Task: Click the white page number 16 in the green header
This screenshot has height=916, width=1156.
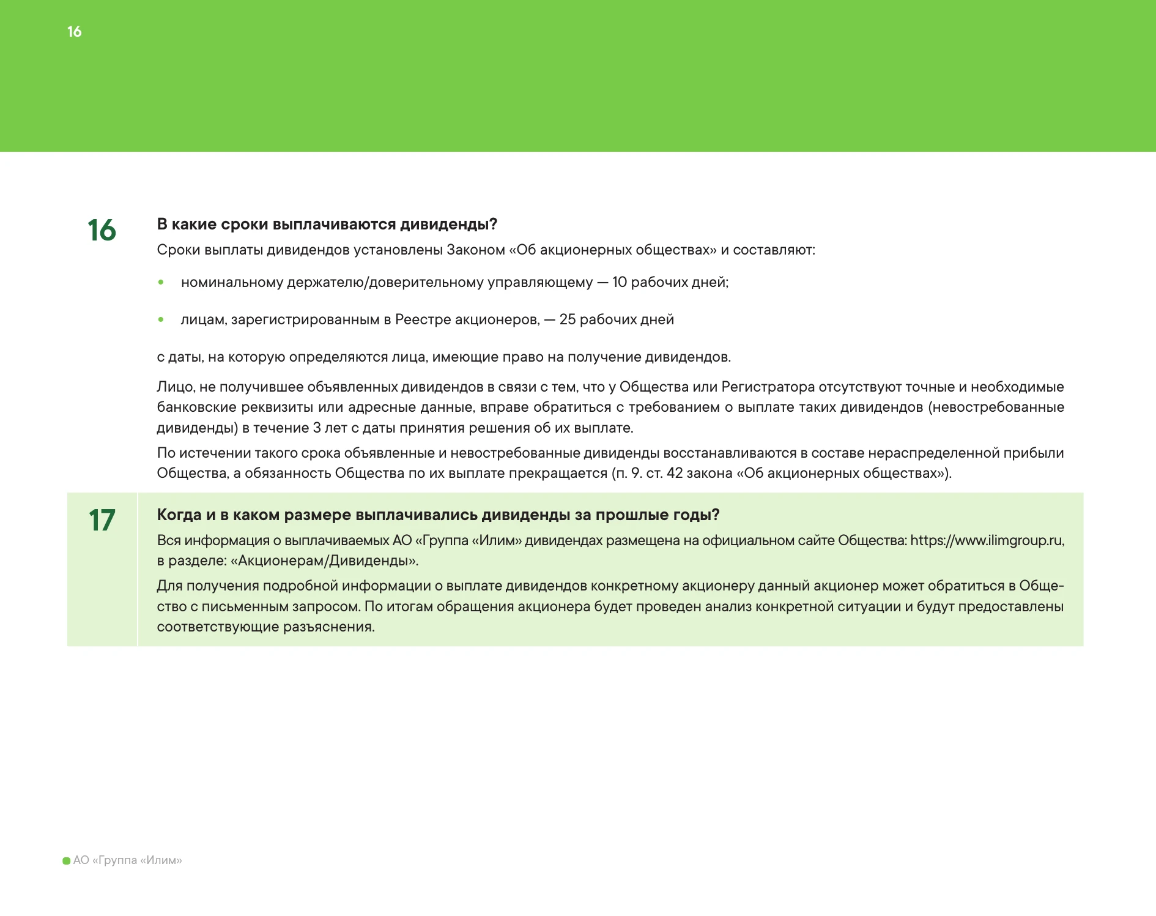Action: (74, 32)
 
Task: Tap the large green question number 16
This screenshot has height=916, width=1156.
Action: (102, 230)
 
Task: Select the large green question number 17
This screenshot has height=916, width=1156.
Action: (102, 520)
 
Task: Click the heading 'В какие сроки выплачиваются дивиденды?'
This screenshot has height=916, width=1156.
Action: (327, 224)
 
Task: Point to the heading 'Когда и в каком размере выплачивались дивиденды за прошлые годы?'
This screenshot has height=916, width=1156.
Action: (438, 515)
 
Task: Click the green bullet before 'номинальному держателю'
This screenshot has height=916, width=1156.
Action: (161, 282)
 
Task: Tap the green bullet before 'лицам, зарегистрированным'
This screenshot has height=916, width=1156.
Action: (161, 319)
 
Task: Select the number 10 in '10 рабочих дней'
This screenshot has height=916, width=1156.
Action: (620, 282)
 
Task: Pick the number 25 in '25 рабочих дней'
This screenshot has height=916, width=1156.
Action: (568, 319)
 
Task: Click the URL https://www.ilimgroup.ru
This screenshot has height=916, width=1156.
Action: (986, 540)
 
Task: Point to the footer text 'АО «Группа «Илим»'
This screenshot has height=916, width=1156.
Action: (127, 860)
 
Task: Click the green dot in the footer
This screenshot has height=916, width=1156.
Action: (67, 861)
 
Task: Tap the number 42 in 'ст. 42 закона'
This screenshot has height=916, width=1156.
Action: (675, 473)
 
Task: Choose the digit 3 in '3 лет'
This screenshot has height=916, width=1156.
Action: (317, 428)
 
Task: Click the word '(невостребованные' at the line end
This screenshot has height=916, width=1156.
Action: (996, 407)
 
